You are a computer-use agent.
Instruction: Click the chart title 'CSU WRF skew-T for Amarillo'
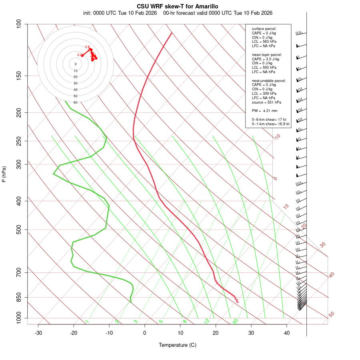pos(178,6)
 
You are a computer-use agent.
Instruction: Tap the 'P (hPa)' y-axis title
pos(4,174)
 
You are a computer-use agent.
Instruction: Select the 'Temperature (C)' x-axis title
pos(178,345)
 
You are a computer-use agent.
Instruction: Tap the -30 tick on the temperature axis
pos(38,333)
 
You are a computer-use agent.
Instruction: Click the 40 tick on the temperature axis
pos(287,333)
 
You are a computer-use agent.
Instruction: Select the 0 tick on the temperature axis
pos(145,333)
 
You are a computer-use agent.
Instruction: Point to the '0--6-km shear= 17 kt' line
pos(269,119)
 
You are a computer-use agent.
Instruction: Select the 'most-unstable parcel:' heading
pos(269,80)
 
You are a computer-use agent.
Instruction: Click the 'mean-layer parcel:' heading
pos(267,54)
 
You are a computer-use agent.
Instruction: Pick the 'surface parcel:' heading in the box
pos(264,29)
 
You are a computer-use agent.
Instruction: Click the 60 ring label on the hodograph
pos(76,102)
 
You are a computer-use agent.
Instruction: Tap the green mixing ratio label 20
pos(235,321)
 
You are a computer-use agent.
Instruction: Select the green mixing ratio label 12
pos(207,321)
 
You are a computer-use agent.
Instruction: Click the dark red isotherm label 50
pos(331,315)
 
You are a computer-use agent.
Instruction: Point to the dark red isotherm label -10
pos(276,137)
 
